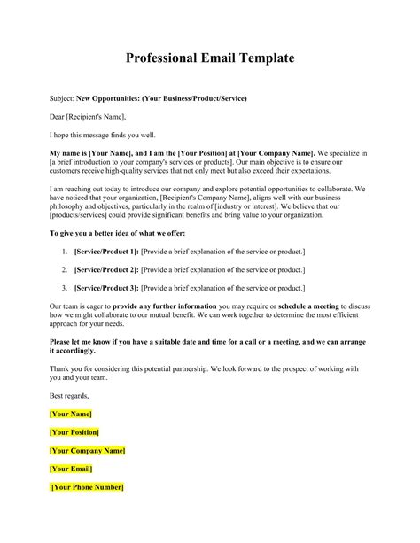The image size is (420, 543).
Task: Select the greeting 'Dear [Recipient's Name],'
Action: click(88, 115)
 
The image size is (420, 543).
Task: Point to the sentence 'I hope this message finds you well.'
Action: click(105, 134)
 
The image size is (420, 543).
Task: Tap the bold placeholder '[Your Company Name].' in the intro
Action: click(274, 152)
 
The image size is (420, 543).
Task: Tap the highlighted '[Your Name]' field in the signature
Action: click(71, 414)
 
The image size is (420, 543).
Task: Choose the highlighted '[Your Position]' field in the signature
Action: click(74, 431)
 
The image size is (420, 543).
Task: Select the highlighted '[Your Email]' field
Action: click(71, 468)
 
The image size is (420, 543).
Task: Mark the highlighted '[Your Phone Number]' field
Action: click(88, 486)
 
